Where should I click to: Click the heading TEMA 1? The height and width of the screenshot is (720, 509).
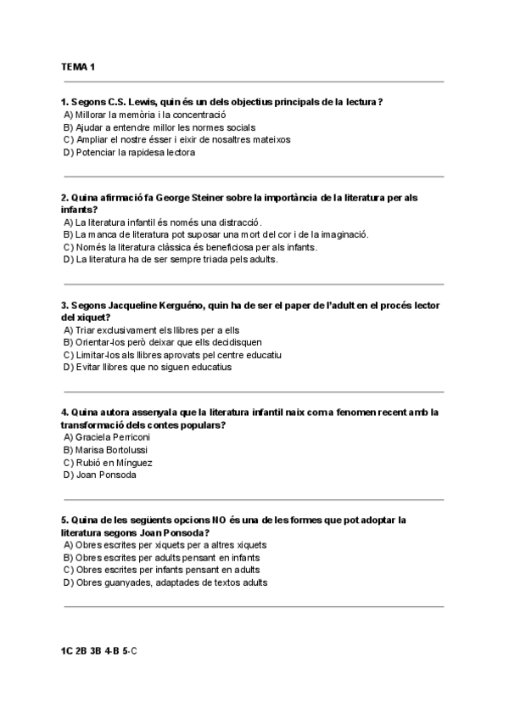pyautogui.click(x=78, y=66)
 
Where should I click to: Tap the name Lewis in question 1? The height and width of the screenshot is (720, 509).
pyautogui.click(x=143, y=102)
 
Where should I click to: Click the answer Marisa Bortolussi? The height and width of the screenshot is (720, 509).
pyautogui.click(x=106, y=449)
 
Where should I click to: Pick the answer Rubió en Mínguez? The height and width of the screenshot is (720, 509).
pyautogui.click(x=107, y=463)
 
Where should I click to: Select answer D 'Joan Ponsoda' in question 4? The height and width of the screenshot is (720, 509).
pyautogui.click(x=99, y=475)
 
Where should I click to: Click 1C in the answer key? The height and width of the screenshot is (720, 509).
pyautogui.click(x=67, y=651)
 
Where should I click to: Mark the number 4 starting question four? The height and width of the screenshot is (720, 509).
pyautogui.click(x=64, y=413)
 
